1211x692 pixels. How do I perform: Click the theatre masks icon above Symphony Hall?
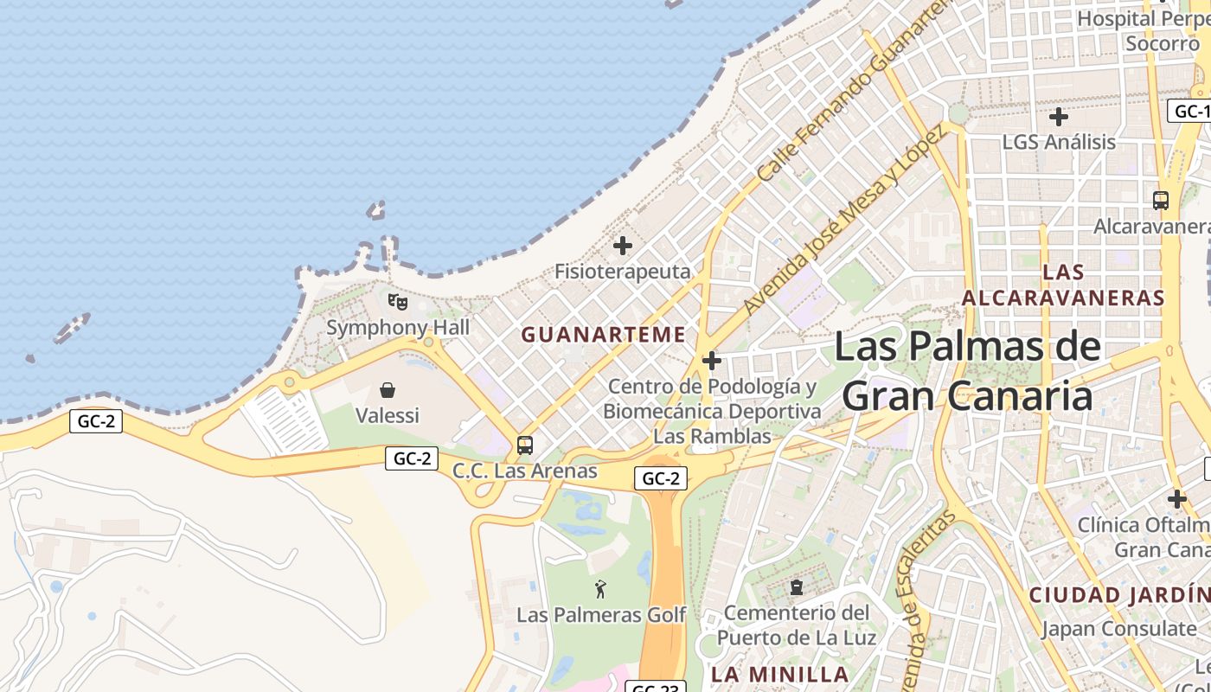tap(397, 302)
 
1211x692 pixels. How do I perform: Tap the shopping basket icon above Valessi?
tap(388, 390)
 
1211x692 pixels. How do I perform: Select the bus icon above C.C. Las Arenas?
tap(525, 445)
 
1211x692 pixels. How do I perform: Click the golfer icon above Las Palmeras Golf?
tap(600, 589)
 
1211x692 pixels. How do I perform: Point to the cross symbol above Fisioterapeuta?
tap(623, 246)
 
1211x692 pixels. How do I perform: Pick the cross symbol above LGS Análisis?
tap(1059, 116)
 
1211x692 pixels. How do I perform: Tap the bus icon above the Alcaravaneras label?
tap(1161, 200)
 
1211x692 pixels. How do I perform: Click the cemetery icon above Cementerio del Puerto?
tap(796, 587)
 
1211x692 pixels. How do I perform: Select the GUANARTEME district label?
tap(603, 335)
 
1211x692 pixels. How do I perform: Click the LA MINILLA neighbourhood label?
tap(779, 674)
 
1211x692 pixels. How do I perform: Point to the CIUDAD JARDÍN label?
tap(1118, 595)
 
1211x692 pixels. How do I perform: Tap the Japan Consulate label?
tap(1118, 629)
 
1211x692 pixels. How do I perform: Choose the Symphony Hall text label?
tap(398, 328)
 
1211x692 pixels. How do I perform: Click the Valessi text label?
tap(388, 415)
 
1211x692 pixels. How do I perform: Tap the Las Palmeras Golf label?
tap(601, 615)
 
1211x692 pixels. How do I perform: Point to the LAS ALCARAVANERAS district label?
tap(1063, 285)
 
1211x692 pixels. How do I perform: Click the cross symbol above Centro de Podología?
tap(712, 361)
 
